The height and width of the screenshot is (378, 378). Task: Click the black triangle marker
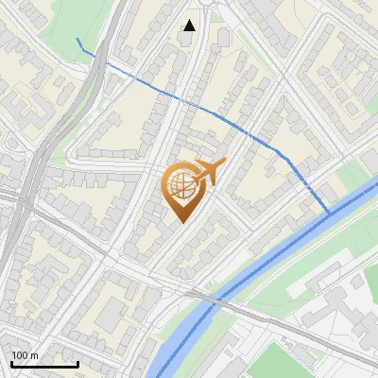pyautogui.click(x=190, y=26)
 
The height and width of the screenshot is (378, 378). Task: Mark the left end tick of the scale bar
pyautogui.click(x=10, y=363)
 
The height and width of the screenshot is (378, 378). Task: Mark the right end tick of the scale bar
pyautogui.click(x=77, y=363)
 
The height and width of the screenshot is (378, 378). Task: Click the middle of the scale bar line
pyautogui.click(x=44, y=365)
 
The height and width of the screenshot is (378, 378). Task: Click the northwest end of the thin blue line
pyautogui.click(x=77, y=39)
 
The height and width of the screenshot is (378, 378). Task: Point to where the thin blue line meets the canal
pyautogui.click(x=330, y=213)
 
